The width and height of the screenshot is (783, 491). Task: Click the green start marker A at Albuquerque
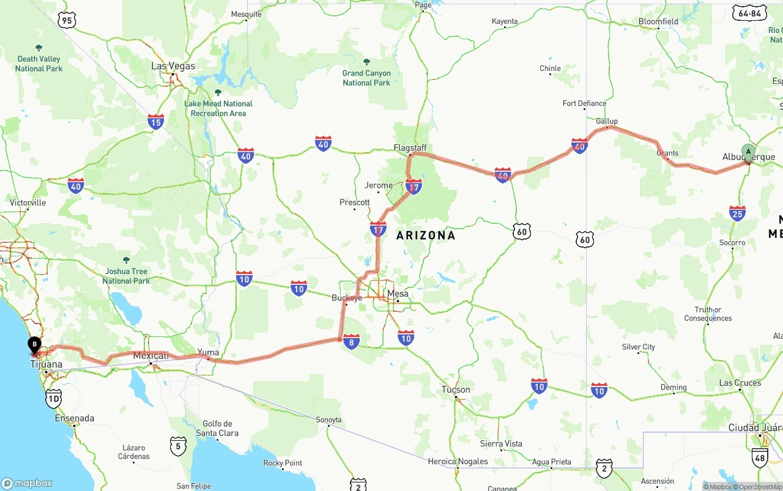pyautogui.click(x=748, y=152)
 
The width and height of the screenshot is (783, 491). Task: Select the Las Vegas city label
pyautogui.click(x=173, y=66)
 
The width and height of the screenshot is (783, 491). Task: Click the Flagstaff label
pyautogui.click(x=410, y=148)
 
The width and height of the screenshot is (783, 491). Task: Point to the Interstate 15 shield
pyautogui.click(x=155, y=122)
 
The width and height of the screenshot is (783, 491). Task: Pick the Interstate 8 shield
pyautogui.click(x=351, y=342)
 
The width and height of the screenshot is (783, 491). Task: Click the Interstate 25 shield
pyautogui.click(x=737, y=213)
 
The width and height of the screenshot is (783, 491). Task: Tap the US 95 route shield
pyautogui.click(x=66, y=21)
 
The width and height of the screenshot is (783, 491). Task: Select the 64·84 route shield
pyautogui.click(x=749, y=13)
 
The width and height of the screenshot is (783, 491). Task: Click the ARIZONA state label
pyautogui.click(x=426, y=235)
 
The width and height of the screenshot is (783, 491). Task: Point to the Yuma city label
pyautogui.click(x=208, y=352)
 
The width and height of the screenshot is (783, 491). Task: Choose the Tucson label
pyautogui.click(x=456, y=389)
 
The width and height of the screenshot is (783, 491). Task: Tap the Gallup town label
pyautogui.click(x=607, y=121)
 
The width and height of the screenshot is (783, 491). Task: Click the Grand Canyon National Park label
pyautogui.click(x=366, y=78)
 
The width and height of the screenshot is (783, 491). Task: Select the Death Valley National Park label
pyautogui.click(x=39, y=64)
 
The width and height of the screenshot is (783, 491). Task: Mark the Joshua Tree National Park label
pyautogui.click(x=126, y=276)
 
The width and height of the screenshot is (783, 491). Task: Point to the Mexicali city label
pyautogui.click(x=150, y=355)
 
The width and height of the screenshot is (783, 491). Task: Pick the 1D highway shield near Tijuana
pyautogui.click(x=54, y=400)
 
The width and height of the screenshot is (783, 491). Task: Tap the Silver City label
pyautogui.click(x=638, y=347)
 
